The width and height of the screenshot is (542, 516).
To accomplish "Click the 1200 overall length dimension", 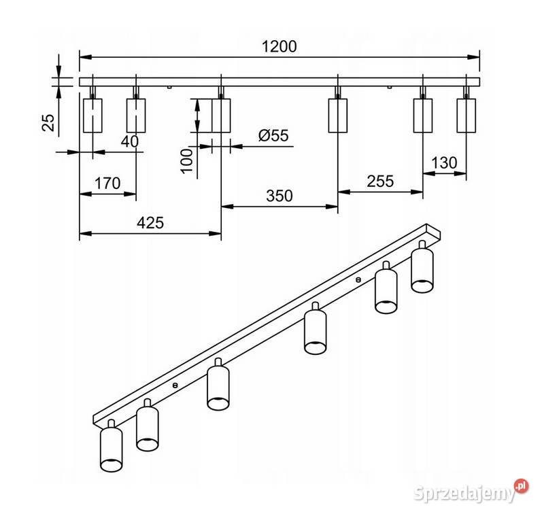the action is [x=279, y=47].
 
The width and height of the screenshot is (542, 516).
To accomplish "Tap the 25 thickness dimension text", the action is [x=49, y=122].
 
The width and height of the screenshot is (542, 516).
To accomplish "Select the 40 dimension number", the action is [x=130, y=141].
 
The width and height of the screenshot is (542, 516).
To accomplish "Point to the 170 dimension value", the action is [x=107, y=184].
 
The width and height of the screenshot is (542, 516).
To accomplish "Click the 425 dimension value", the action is [x=150, y=223].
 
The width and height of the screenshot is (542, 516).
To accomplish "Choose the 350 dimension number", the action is [x=280, y=196].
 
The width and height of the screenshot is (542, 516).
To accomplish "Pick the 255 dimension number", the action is [x=380, y=182].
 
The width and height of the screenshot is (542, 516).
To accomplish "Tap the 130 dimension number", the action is [x=444, y=162].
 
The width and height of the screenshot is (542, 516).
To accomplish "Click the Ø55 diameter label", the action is [x=273, y=135].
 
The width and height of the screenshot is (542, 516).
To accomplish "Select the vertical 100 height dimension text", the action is [x=187, y=160].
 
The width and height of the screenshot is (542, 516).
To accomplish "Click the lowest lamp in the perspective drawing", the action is [x=111, y=446].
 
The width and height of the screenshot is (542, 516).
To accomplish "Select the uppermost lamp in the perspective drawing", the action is [x=422, y=266].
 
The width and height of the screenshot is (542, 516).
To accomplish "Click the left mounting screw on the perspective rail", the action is [x=175, y=384].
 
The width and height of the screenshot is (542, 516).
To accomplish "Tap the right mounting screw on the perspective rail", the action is [x=358, y=279].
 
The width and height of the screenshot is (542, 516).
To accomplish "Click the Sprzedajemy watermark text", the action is [x=464, y=493].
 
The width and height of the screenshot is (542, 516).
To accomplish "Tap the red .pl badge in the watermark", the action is [x=522, y=486].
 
